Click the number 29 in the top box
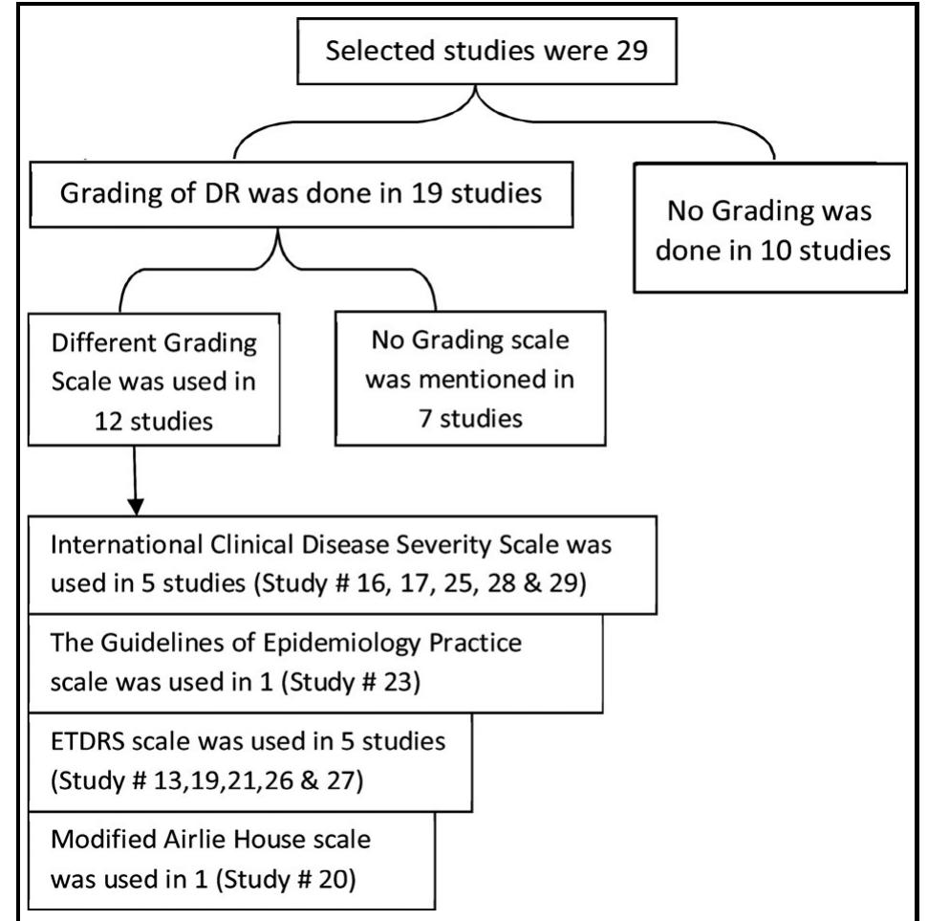click(632, 51)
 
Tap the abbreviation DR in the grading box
click(223, 193)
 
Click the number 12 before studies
click(110, 421)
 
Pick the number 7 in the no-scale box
click(425, 418)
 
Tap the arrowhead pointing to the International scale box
click(136, 507)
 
